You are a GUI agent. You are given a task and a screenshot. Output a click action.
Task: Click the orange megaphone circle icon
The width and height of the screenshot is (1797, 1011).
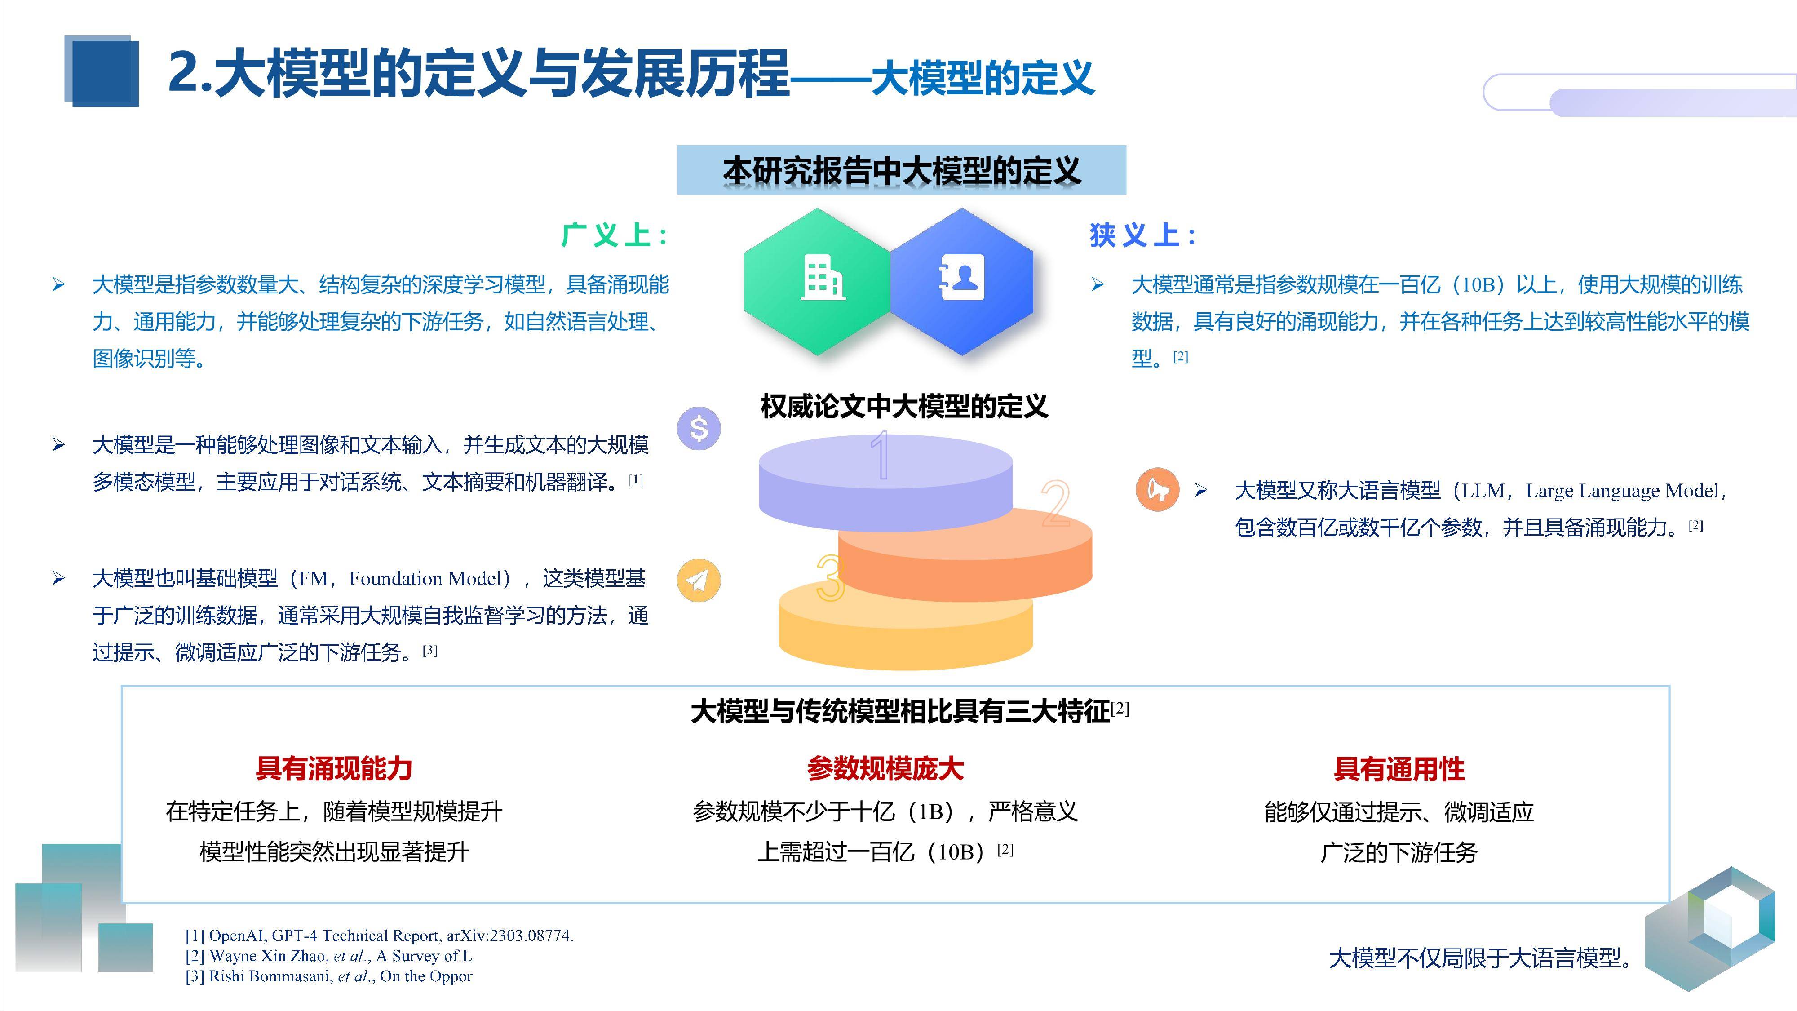1157,489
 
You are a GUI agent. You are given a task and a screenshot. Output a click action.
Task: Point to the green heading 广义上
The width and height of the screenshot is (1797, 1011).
614,235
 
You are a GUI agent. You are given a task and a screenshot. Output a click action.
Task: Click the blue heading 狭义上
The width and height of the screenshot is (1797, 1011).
1142,235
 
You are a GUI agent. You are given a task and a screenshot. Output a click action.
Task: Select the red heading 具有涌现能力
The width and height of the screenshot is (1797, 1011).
334,768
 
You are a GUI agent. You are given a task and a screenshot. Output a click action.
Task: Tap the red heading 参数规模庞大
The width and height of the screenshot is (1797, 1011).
885,768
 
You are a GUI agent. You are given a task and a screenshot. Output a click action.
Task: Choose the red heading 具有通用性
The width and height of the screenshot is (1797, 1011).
1399,769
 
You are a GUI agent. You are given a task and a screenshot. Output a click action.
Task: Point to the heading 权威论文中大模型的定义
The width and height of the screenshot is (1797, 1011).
904,406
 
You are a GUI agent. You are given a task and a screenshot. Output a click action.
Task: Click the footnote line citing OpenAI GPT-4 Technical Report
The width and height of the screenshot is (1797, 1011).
379,936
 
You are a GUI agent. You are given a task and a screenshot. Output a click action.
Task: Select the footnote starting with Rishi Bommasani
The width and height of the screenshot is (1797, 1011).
328,976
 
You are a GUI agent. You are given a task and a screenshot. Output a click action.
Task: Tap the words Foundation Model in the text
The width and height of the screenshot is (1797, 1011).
425,578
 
